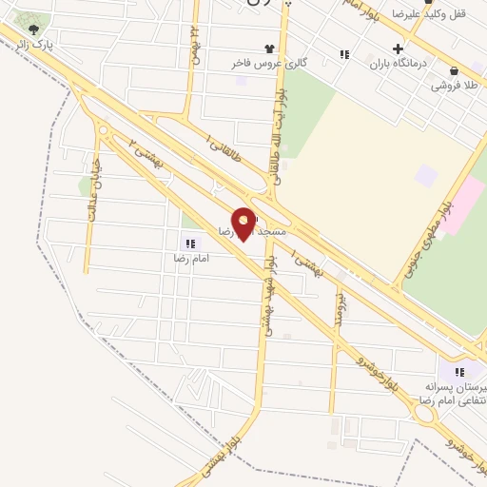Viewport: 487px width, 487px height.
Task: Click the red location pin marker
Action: pos(243,224)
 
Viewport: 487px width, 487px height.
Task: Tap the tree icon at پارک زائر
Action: pos(34,29)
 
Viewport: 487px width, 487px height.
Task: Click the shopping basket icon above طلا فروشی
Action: pos(453,70)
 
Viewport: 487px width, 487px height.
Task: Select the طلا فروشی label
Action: pos(453,86)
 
